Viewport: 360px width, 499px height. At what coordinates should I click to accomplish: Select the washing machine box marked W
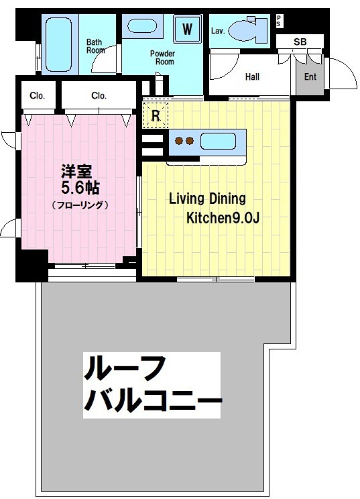[188, 29]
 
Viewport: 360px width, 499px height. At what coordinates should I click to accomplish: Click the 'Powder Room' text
[162, 57]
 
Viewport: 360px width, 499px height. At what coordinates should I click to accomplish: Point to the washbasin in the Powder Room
[143, 27]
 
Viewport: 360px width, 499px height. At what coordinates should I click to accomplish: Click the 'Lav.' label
[218, 30]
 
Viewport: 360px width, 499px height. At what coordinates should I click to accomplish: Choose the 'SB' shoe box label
[300, 42]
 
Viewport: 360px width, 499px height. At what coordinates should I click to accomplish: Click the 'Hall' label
[252, 76]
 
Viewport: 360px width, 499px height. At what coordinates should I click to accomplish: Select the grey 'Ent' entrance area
[310, 76]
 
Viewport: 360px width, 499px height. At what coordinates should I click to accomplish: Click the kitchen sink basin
[219, 141]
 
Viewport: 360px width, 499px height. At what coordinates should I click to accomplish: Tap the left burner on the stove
[179, 141]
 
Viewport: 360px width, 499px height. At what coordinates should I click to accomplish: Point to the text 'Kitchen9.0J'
[221, 218]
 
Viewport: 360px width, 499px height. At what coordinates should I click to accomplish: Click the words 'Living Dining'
[207, 199]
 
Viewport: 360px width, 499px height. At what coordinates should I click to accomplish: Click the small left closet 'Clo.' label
[38, 96]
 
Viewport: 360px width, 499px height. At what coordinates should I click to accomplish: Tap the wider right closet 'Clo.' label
[99, 96]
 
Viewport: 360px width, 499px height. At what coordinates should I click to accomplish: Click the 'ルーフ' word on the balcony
[123, 370]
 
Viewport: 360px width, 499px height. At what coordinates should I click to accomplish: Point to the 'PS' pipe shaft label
[279, 22]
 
